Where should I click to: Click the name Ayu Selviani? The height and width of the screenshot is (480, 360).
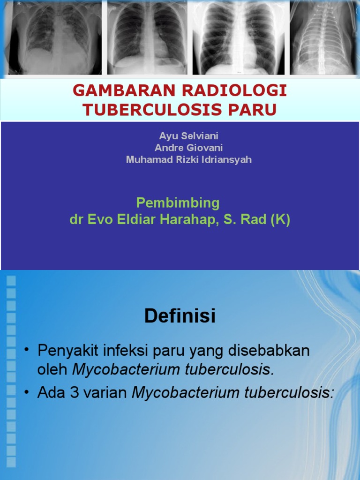click(188, 136)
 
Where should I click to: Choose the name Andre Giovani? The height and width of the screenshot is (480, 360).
click(188, 148)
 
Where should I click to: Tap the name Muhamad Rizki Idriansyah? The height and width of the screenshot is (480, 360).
click(188, 159)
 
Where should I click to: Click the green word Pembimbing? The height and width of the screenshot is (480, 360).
click(178, 203)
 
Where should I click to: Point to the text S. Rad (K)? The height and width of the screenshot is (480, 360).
click(257, 220)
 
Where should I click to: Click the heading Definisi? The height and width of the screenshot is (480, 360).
click(180, 316)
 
